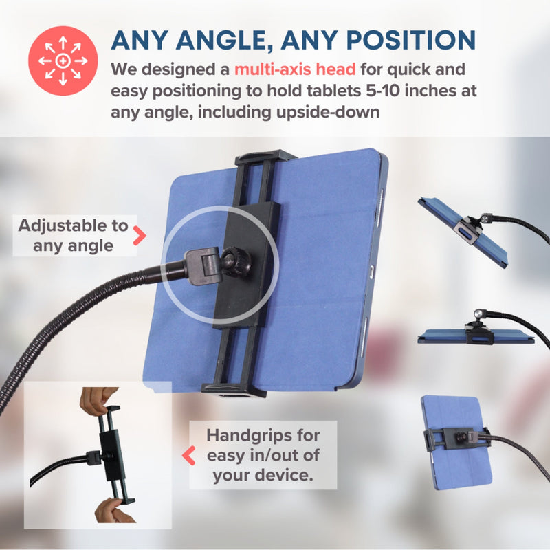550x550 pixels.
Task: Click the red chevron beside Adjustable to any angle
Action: [x=140, y=235]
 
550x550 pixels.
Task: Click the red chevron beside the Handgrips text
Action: [x=188, y=455]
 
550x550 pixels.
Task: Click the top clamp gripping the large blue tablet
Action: [x=265, y=159]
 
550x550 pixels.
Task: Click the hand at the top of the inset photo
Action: [x=99, y=399]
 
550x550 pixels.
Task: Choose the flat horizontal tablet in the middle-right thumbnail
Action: [x=474, y=335]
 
